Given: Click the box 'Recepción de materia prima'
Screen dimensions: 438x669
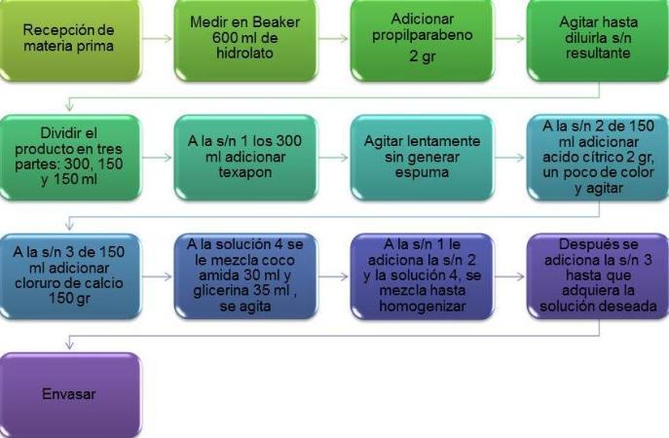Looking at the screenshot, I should [x=69, y=41].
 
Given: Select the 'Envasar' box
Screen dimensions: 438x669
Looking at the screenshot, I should [x=69, y=395].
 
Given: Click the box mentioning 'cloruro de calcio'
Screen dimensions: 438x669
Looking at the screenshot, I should [x=69, y=275].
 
